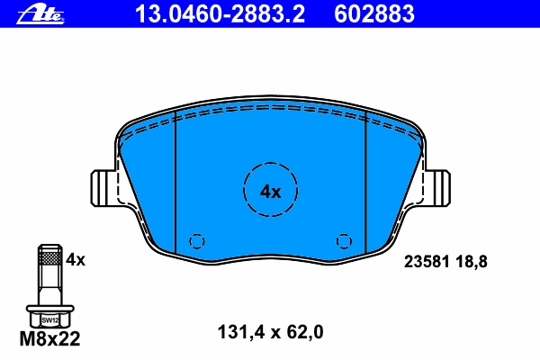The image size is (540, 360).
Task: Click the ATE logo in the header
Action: tap(40, 14)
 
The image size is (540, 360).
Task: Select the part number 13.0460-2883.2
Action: tap(220, 13)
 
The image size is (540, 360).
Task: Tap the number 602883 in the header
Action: tap(374, 13)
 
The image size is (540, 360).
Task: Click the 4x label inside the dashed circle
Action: tap(270, 192)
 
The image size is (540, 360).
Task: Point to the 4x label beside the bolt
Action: tap(76, 259)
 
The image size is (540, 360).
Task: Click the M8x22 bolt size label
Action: tap(49, 338)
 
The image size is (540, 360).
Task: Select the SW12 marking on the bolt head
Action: tap(50, 320)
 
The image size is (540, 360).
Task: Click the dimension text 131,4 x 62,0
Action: tap(270, 332)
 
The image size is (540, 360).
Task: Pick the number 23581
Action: tap(427, 262)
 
